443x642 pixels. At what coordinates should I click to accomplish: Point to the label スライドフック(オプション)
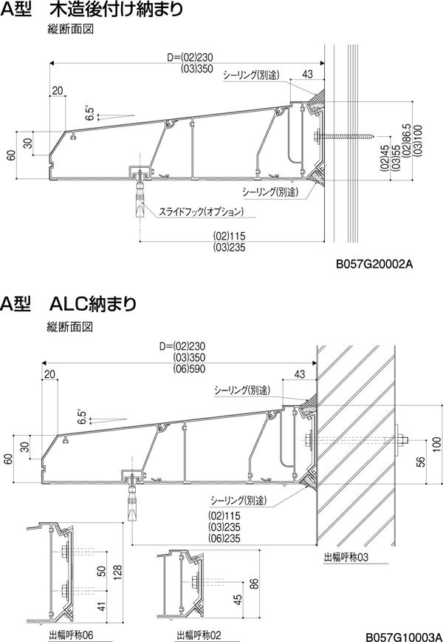[200, 212]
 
